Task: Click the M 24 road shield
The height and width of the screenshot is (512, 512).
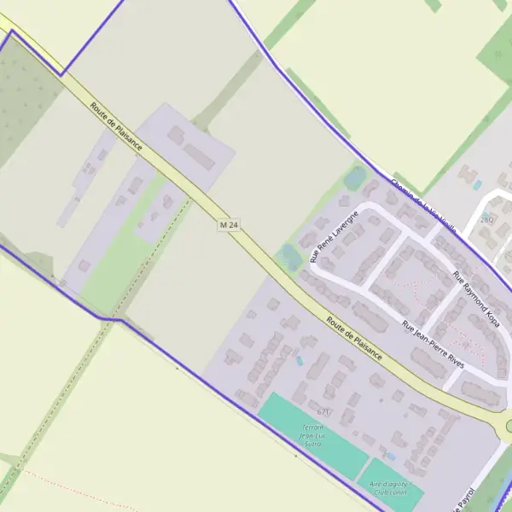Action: [227, 224]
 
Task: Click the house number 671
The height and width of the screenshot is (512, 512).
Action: [322, 411]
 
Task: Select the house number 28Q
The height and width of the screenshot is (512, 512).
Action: [486, 219]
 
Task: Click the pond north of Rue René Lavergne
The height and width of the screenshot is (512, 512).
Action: [354, 178]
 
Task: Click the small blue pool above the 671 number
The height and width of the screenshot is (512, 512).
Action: [299, 360]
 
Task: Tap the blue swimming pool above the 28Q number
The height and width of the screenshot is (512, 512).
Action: [477, 184]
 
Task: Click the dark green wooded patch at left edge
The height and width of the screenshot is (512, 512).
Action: [17, 94]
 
